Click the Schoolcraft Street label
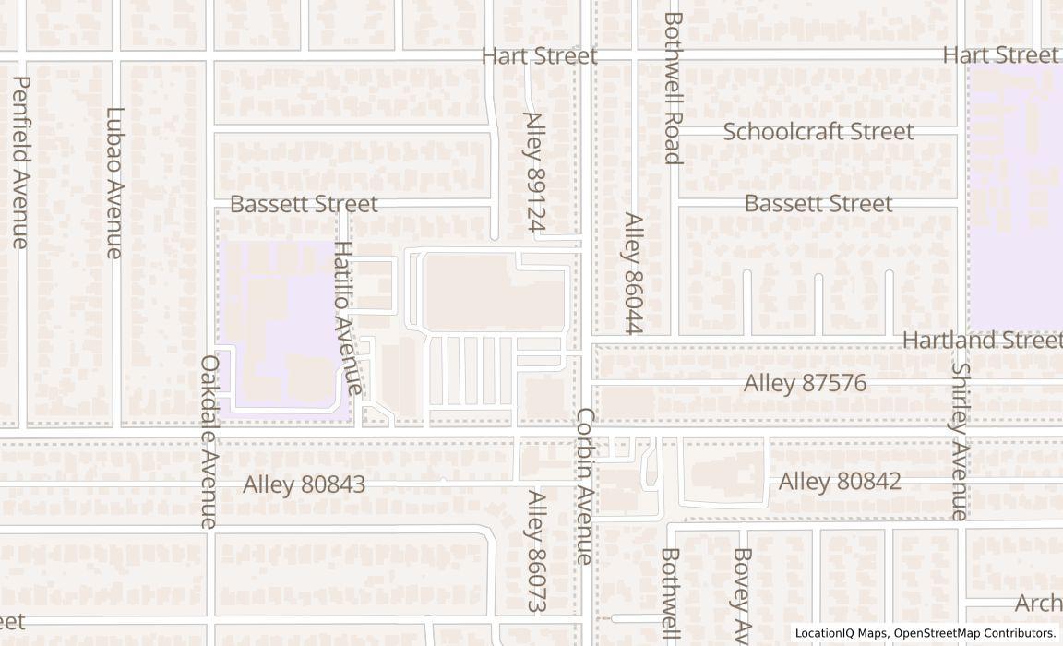pos(818,131)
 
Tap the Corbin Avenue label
pos(585,485)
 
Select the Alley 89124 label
pos(535,172)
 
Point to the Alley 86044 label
pos(632,273)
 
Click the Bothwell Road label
pos(672,88)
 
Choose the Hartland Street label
pos(982,340)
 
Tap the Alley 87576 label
pos(805,383)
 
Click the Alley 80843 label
pos(305,484)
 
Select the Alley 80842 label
pos(840,482)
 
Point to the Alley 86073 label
pos(536,551)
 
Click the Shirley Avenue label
pos(960,441)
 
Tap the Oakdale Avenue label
pos(209,442)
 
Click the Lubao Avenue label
pos(114,183)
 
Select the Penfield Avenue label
pos(21,162)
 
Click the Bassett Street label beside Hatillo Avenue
pos(304,204)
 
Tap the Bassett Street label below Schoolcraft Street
pos(818,203)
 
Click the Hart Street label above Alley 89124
pos(539,56)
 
